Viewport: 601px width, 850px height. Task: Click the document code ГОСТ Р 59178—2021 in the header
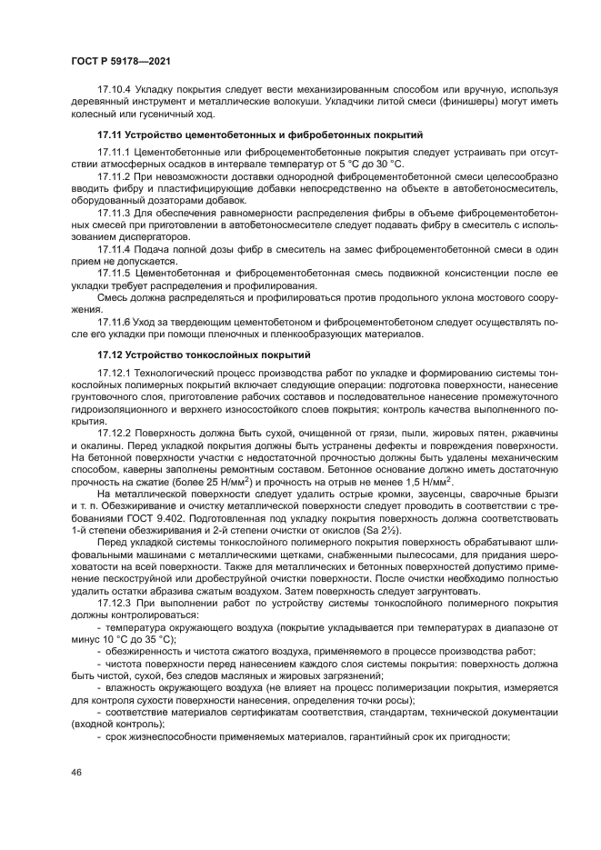pyautogui.click(x=120, y=60)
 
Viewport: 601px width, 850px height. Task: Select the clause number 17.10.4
pyautogui.click(x=114, y=91)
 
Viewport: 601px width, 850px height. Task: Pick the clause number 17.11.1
pyautogui.click(x=114, y=151)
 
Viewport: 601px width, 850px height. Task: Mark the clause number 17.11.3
pyautogui.click(x=114, y=212)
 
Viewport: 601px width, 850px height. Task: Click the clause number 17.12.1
pyautogui.click(x=114, y=374)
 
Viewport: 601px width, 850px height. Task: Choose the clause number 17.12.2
pyautogui.click(x=114, y=435)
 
